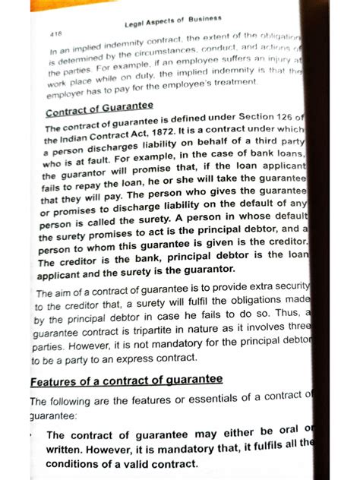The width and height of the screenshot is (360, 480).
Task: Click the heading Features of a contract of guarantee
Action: point(126,380)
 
